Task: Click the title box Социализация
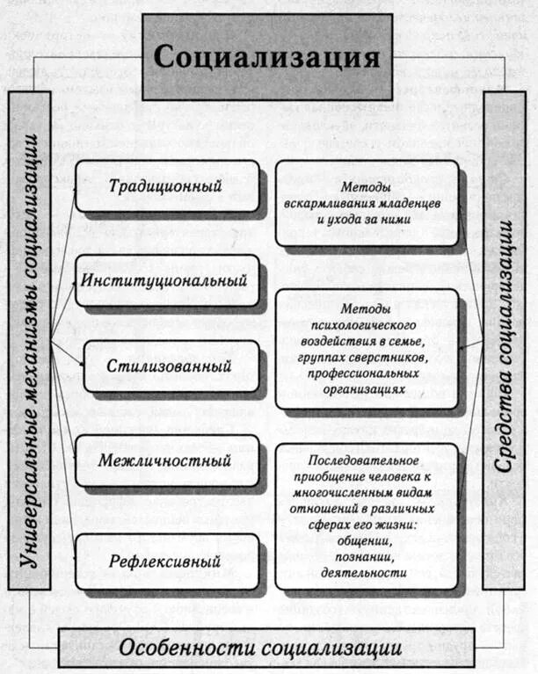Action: pyautogui.click(x=267, y=58)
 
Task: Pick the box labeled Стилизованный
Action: pyautogui.click(x=170, y=366)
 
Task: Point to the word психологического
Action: pyautogui.click(x=367, y=325)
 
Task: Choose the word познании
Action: pyautogui.click(x=367, y=556)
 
